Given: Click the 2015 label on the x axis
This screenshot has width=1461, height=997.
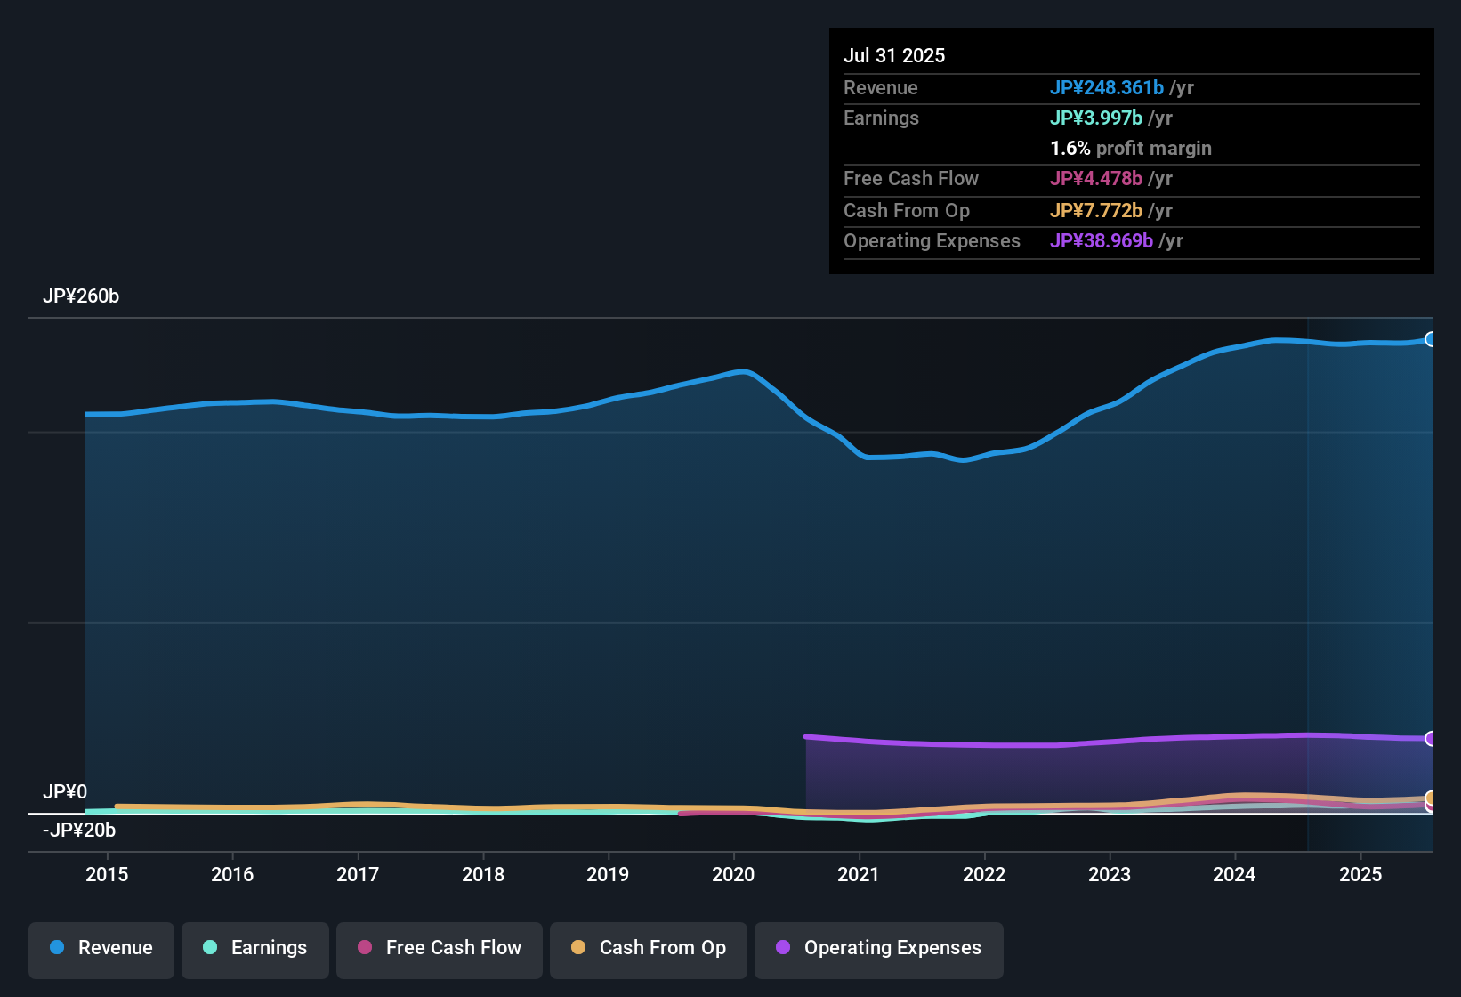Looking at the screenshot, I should pos(107,874).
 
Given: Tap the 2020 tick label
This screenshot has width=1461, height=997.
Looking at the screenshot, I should pos(732,874).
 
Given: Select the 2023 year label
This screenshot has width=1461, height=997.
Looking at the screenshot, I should pos(1109,874).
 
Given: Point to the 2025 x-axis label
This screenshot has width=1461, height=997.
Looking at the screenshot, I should pos(1360,874).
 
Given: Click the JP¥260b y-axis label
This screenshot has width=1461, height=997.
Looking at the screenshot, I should pos(81,296).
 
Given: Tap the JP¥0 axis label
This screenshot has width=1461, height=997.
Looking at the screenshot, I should pos(65,791).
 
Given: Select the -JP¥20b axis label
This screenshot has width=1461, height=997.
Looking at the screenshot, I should pos(79,830).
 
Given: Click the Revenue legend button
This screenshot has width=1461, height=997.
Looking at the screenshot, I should pos(101,948).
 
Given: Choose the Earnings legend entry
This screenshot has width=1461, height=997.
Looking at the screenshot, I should pos(255,948).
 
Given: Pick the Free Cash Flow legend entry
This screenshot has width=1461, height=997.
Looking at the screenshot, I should pos(440,948).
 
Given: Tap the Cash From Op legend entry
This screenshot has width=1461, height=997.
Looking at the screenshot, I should pos(649,948).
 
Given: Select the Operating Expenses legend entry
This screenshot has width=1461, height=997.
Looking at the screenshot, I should pos(879,948).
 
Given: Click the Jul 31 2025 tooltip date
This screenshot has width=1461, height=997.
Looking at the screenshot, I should pos(894,55).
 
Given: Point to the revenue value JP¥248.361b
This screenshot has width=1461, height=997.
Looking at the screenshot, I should pos(1106,87).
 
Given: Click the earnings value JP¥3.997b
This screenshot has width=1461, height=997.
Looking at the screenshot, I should pos(1095,118).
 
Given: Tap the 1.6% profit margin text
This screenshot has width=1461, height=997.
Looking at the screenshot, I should pos(1130,148).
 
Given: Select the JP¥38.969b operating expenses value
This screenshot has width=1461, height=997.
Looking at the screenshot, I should pos(1101,240).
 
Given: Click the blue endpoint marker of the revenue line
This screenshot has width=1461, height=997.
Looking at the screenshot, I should pos(1430,339).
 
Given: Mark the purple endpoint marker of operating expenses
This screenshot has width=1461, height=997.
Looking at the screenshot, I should pos(1430,738).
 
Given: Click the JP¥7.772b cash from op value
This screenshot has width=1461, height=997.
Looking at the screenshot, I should pos(1095,210).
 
